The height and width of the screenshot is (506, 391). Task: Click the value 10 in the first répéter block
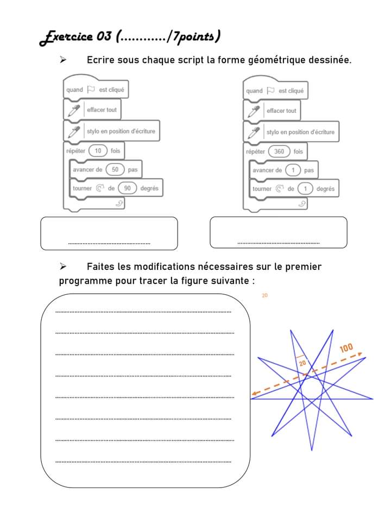[x=98, y=150]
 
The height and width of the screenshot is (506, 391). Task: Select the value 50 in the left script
[x=115, y=169]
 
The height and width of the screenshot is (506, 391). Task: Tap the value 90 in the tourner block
[x=128, y=188]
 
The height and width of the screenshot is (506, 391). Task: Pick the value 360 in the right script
[x=279, y=151]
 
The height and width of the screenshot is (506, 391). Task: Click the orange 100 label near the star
[x=346, y=348]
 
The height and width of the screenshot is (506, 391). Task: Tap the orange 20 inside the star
[x=302, y=363]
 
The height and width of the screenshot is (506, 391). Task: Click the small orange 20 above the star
[x=264, y=295]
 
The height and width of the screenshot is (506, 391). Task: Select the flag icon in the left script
[x=91, y=90]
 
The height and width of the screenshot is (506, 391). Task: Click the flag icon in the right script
[x=270, y=91]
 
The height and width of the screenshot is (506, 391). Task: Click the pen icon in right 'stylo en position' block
[x=253, y=132]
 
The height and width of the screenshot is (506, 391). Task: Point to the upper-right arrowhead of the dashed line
[x=360, y=355]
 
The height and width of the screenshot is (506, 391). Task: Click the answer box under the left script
[x=109, y=233]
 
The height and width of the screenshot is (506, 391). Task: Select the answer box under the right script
[x=278, y=233]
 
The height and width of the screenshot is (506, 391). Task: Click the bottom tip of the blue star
[x=311, y=450]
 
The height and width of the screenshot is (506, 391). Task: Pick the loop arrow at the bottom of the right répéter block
[x=302, y=203]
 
